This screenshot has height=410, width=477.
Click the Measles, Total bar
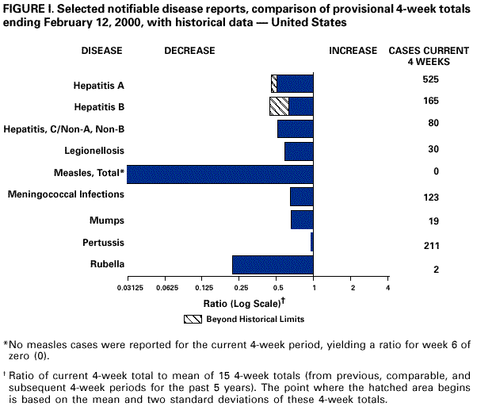220,174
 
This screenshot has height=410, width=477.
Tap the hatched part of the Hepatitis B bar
279,106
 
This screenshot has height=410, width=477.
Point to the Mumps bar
302,220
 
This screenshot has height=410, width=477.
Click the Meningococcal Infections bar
302,197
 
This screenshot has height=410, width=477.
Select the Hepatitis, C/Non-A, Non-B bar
296,128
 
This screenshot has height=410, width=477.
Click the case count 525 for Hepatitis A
431,79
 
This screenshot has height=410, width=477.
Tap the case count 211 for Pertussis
431,245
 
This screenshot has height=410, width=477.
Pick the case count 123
431,195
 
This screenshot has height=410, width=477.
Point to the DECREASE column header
189,51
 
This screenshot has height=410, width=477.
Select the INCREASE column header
353,51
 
